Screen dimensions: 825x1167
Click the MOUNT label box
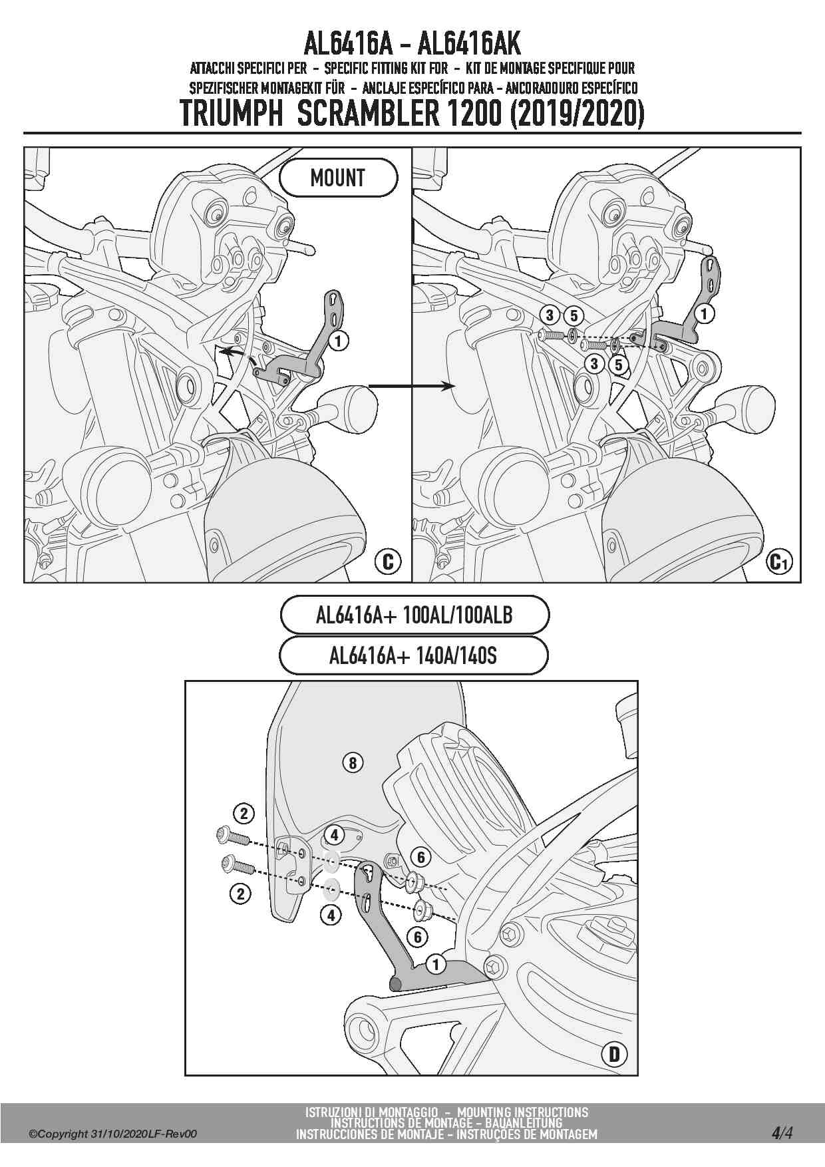[x=338, y=178]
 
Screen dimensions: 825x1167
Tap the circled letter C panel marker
[x=388, y=562]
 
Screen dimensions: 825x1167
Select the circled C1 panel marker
[x=778, y=562]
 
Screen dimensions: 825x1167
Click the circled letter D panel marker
[x=614, y=1054]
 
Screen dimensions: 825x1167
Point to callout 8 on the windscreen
[x=353, y=762]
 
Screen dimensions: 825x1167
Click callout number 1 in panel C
[x=339, y=341]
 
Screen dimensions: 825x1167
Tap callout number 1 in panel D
[x=436, y=964]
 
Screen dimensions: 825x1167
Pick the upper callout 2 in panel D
[x=244, y=813]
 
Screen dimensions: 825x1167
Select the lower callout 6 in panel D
[x=417, y=937]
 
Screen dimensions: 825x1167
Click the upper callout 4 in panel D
[x=334, y=834]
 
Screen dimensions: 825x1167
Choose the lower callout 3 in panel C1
[x=595, y=364]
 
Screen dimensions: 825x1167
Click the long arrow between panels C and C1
[x=411, y=386]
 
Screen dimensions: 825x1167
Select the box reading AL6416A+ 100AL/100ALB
[x=414, y=615]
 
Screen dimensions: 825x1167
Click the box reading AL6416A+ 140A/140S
[x=413, y=656]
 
